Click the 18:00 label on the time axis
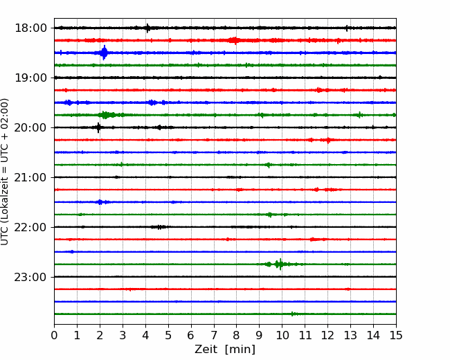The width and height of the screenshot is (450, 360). coord(30,28)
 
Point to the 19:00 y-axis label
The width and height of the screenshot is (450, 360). coord(30,78)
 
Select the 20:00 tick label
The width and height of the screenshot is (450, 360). coord(30,127)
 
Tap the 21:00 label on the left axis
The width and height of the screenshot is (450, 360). coord(30,177)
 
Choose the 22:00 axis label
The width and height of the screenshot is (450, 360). coord(30,227)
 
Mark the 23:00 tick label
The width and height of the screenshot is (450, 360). coord(30,277)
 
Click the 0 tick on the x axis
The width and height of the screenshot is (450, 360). coord(54,335)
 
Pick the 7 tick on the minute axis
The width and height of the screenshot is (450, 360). coord(214,335)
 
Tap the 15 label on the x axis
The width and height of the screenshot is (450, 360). coord(396,335)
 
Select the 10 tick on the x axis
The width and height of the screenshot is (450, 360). coord(282,335)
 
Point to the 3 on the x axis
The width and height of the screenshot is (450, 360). coord(123,335)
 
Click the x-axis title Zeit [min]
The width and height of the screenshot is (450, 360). coord(225,349)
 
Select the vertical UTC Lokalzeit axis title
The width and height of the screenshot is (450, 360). coord(4,172)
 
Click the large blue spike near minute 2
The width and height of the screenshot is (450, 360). coord(104,53)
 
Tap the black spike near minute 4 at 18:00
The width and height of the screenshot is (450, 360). coord(147,28)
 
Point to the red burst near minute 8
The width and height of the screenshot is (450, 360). coord(235,40)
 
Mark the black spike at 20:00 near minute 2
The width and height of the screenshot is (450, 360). coord(98,127)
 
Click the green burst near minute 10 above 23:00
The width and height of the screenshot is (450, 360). coord(280,264)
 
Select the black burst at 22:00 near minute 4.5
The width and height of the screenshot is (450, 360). coord(159,227)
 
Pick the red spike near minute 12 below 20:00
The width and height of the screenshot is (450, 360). coord(328,140)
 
